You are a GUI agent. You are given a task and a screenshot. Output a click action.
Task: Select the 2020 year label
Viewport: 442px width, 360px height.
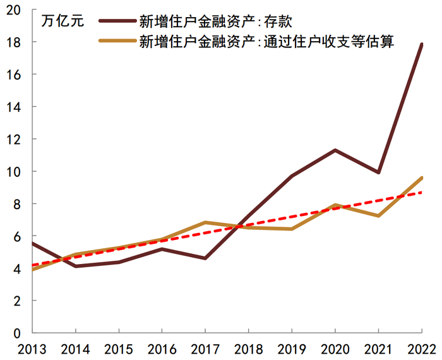pyautogui.click(x=335, y=349)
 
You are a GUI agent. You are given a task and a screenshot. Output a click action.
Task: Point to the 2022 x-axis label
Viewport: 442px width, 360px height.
pyautogui.click(x=421, y=349)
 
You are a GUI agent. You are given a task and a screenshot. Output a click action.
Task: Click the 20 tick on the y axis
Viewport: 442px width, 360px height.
pyautogui.click(x=14, y=9)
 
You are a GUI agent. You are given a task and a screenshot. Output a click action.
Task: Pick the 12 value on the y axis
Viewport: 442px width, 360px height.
pyautogui.click(x=14, y=139)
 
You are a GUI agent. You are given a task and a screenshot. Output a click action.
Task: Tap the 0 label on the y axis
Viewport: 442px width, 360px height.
pyautogui.click(x=18, y=333)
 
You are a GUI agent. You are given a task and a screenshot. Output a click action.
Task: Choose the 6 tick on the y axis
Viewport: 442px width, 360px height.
pyautogui.click(x=18, y=236)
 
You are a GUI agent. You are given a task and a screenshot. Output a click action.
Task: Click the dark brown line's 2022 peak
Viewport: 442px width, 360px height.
pyautogui.click(x=421, y=44)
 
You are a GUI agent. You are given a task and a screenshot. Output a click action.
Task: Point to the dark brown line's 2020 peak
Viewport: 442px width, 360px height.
pyautogui.click(x=335, y=150)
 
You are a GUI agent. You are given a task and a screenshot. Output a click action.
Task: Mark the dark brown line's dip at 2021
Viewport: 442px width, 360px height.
pyautogui.click(x=378, y=172)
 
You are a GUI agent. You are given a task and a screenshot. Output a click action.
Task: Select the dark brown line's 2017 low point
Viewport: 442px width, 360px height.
pyautogui.click(x=205, y=258)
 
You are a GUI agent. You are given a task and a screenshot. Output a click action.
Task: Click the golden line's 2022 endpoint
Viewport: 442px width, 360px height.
pyautogui.click(x=421, y=178)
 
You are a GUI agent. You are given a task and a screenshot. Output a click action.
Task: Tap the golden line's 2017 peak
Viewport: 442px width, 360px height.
pyautogui.click(x=205, y=222)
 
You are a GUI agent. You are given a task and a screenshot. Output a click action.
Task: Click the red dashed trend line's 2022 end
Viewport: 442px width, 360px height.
pyautogui.click(x=421, y=192)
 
